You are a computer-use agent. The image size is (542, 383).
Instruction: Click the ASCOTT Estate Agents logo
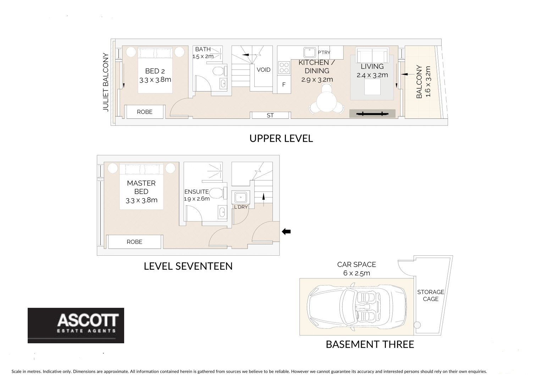pyautogui.click(x=76, y=325)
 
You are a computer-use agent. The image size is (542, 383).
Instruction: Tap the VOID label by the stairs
pyautogui.click(x=263, y=70)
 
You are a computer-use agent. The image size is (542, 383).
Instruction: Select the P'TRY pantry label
pyautogui.click(x=323, y=52)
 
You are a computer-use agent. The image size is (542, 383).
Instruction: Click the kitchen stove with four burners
pyautogui.click(x=284, y=67)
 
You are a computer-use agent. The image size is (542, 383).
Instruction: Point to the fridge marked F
pyautogui.click(x=284, y=85)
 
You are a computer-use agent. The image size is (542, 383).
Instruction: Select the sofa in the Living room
pyautogui.click(x=372, y=55)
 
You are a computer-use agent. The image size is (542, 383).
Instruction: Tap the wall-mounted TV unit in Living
pyautogui.click(x=372, y=114)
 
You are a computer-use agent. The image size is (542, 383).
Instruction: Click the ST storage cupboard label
pyautogui.click(x=270, y=115)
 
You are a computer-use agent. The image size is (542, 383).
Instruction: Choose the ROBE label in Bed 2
pyautogui.click(x=145, y=112)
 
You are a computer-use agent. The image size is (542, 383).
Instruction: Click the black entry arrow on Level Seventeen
pyautogui.click(x=286, y=232)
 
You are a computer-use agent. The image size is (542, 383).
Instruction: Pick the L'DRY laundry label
pyautogui.click(x=240, y=207)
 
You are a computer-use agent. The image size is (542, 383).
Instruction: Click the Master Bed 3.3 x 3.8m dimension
pyautogui.click(x=141, y=200)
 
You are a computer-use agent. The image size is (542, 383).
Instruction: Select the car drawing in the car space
pyautogui.click(x=357, y=306)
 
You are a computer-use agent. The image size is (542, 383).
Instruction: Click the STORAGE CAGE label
pyautogui.click(x=430, y=295)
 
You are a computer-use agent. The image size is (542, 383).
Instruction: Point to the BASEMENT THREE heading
pyautogui.click(x=370, y=344)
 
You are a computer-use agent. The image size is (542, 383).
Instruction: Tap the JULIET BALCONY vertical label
pyautogui.click(x=106, y=82)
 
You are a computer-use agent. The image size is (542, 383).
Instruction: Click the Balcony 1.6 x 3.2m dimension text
pyautogui.click(x=428, y=82)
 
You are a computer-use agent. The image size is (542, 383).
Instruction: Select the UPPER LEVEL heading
pyautogui.click(x=281, y=138)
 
